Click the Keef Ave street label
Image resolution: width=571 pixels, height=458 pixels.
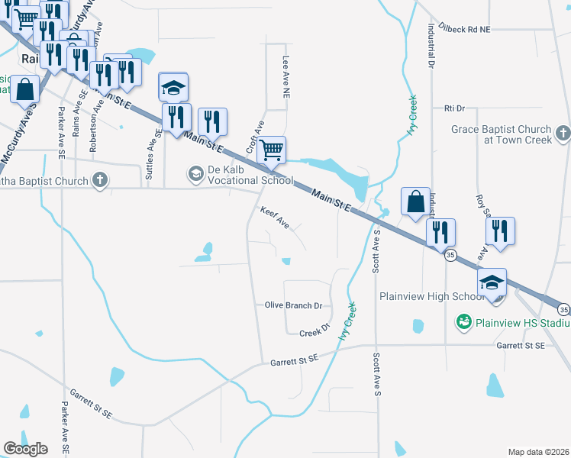(275, 218)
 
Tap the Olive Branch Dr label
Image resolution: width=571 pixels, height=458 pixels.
(294, 305)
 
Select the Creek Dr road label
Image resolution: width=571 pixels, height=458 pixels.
(314, 332)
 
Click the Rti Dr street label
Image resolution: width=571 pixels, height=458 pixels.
(454, 108)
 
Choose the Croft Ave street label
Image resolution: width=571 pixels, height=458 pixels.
(254, 134)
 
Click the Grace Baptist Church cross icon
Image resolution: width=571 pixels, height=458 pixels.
(563, 134)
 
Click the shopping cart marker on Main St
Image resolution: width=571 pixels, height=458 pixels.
(272, 149)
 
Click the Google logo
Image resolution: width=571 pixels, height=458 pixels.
(26, 449)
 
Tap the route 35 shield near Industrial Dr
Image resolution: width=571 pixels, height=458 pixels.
(451, 256)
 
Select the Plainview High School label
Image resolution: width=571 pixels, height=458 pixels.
(428, 296)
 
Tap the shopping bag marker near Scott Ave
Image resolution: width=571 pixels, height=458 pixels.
(416, 202)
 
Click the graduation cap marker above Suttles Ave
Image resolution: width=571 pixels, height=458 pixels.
(173, 87)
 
